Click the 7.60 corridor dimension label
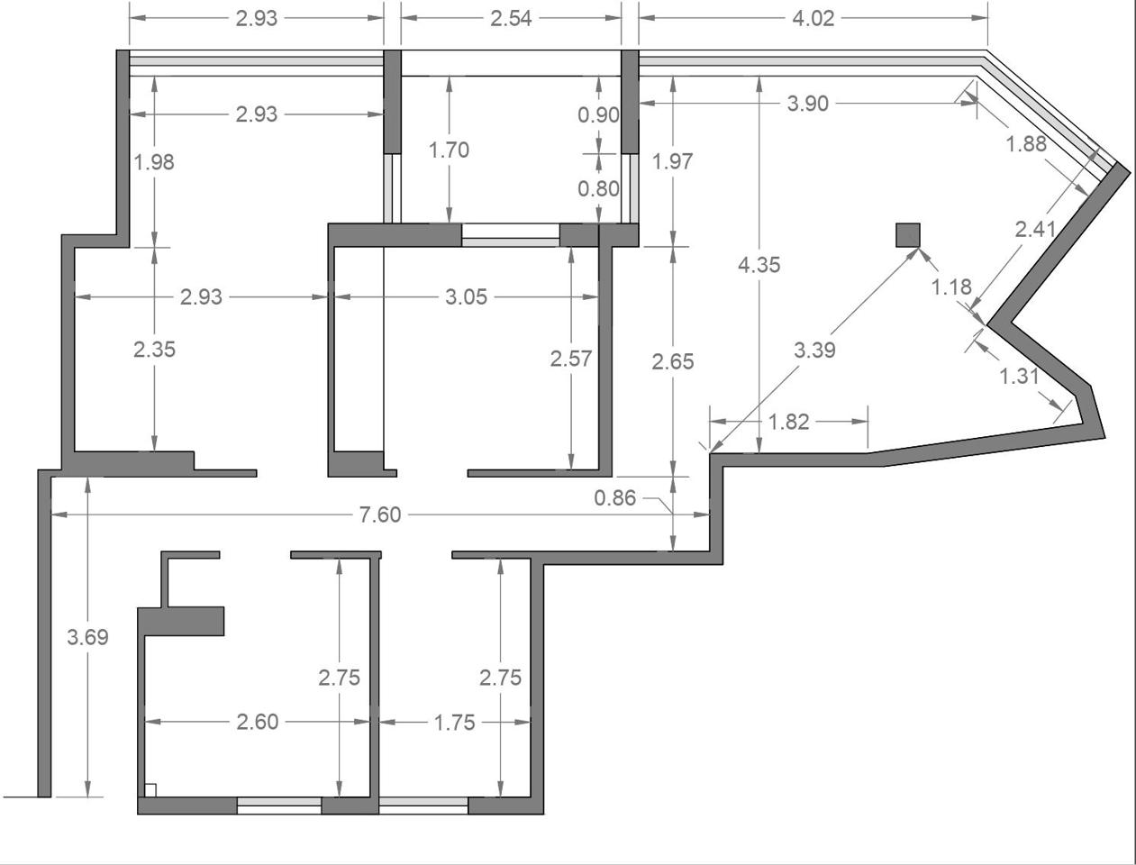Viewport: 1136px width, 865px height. [380, 514]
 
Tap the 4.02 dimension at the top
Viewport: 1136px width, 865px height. [813, 19]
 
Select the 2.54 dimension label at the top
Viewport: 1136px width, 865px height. [511, 19]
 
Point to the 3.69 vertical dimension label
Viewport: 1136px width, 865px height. [87, 637]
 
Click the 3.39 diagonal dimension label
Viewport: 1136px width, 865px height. [814, 351]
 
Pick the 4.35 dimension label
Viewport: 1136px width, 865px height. [759, 265]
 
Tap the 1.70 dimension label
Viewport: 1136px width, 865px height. [449, 150]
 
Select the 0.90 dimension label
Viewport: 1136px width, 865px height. [599, 115]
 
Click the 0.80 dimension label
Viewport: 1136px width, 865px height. [599, 189]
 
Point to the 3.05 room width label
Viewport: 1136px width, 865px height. [467, 297]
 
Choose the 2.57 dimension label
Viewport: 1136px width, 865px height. [571, 359]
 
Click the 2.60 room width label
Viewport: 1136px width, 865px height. [258, 722]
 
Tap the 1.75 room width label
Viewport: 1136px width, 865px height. [454, 723]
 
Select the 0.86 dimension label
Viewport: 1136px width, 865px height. [614, 498]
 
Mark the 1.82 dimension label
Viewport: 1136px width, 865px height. [788, 423]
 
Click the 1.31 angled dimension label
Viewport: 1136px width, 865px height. [1019, 377]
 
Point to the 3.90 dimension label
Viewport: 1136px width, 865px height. [808, 104]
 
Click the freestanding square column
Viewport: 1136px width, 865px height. [908, 235]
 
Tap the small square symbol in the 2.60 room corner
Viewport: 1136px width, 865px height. [150, 790]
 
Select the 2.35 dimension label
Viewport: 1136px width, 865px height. [154, 350]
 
